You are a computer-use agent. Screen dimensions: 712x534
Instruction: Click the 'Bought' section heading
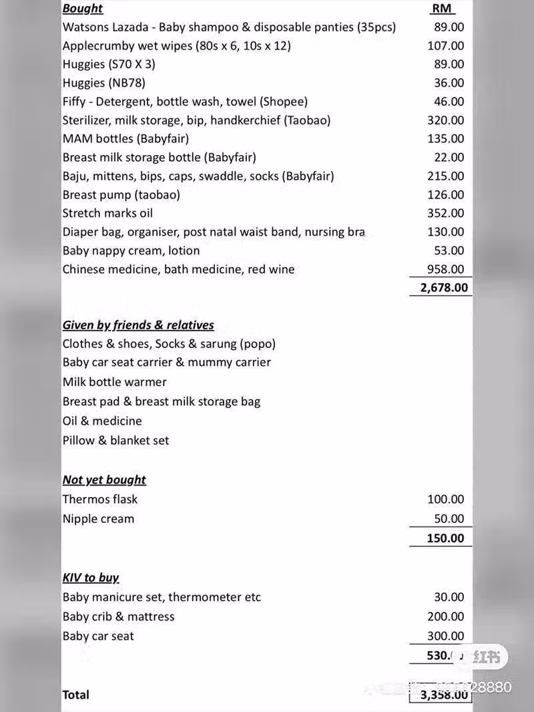pyautogui.click(x=83, y=9)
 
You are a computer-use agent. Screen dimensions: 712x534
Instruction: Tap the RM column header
pyautogui.click(x=442, y=9)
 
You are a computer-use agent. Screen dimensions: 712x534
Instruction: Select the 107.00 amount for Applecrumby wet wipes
pyautogui.click(x=445, y=46)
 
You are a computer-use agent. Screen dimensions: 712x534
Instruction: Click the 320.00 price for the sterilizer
pyautogui.click(x=445, y=120)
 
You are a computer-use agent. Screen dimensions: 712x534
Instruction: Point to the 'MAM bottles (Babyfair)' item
pyautogui.click(x=125, y=139)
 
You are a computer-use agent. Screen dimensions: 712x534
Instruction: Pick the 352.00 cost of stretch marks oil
pyautogui.click(x=445, y=213)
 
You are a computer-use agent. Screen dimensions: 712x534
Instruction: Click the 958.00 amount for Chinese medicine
pyautogui.click(x=445, y=269)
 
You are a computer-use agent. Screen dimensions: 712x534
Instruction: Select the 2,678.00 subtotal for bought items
pyautogui.click(x=444, y=288)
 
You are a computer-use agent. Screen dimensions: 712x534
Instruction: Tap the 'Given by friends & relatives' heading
pyautogui.click(x=138, y=325)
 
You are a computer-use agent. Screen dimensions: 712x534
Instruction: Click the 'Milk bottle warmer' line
pyautogui.click(x=115, y=382)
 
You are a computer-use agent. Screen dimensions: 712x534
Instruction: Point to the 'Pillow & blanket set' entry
pyautogui.click(x=115, y=441)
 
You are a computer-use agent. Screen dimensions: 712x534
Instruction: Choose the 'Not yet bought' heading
pyautogui.click(x=104, y=480)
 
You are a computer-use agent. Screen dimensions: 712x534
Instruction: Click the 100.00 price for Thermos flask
pyautogui.click(x=445, y=500)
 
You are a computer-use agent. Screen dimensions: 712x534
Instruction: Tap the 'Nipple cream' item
pyautogui.click(x=98, y=519)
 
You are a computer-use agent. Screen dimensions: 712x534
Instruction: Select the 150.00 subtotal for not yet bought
pyautogui.click(x=445, y=538)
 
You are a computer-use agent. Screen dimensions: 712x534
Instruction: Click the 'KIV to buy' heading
pyautogui.click(x=91, y=578)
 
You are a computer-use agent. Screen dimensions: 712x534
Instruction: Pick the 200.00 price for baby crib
pyautogui.click(x=445, y=616)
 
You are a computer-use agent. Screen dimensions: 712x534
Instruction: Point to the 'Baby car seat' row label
pyautogui.click(x=98, y=637)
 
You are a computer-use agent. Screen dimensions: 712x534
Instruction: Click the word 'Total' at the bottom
pyautogui.click(x=75, y=695)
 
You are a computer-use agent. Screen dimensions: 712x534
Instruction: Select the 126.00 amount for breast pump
pyautogui.click(x=445, y=195)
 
